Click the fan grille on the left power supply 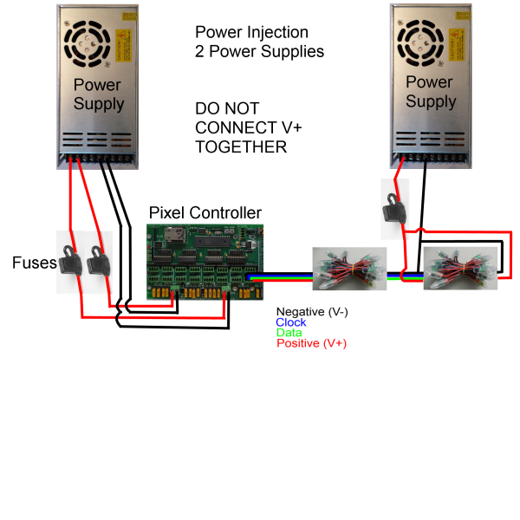point(87,44)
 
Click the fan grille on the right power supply point(420,42)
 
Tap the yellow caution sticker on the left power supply point(123,45)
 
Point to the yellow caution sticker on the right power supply point(457,45)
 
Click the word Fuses point(35,263)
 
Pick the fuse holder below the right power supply point(394,208)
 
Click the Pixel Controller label point(205,212)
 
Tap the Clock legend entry point(291,322)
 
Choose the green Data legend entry point(289,333)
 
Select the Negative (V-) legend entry point(312,312)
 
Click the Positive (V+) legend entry point(312,343)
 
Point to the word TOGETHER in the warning point(241,147)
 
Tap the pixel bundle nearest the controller point(349,269)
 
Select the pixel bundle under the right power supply point(461,269)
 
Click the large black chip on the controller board point(212,242)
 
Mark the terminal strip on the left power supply point(97,159)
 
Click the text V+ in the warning point(292,127)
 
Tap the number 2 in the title point(199,52)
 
